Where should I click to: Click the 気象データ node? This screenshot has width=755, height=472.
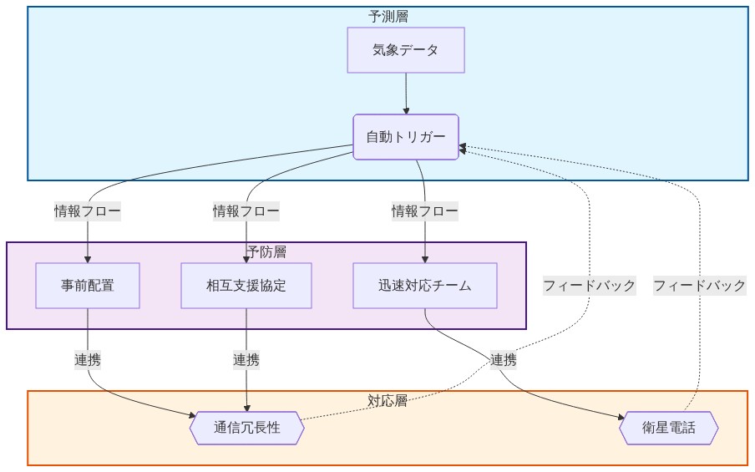coord(405,50)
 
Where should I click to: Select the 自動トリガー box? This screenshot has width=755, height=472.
coord(406,137)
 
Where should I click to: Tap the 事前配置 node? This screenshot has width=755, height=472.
coord(88,286)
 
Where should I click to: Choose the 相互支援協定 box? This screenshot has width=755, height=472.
coord(246,286)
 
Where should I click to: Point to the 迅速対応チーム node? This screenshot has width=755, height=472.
coord(424,286)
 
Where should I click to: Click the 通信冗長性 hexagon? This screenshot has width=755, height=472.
coord(247,429)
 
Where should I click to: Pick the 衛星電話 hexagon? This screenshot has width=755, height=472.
coord(668,429)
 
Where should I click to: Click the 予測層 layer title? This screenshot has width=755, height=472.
coord(388,16)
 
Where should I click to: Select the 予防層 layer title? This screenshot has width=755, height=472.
coord(266,251)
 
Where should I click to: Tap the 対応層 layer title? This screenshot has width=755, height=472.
coord(388,400)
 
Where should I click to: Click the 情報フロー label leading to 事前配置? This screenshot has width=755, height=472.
coord(88,211)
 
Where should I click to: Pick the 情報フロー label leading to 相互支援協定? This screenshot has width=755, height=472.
coord(246,211)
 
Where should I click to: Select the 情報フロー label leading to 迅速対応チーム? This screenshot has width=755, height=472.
coord(425,211)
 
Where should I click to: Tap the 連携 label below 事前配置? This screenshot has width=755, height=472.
coord(88,360)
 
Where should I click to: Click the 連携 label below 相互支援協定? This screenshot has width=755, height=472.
coord(246,360)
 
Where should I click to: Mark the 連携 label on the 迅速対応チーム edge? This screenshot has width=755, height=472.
coord(504,360)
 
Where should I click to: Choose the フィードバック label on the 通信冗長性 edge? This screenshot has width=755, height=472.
coord(589,286)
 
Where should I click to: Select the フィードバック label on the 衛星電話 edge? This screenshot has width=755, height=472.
coord(699,286)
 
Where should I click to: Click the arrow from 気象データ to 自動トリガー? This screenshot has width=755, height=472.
coord(406,93)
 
